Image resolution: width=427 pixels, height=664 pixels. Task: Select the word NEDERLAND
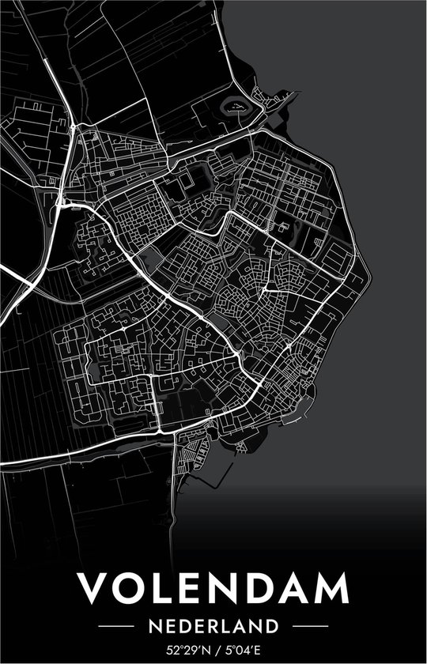(213, 626)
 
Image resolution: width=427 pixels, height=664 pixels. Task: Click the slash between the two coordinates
(216, 651)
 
